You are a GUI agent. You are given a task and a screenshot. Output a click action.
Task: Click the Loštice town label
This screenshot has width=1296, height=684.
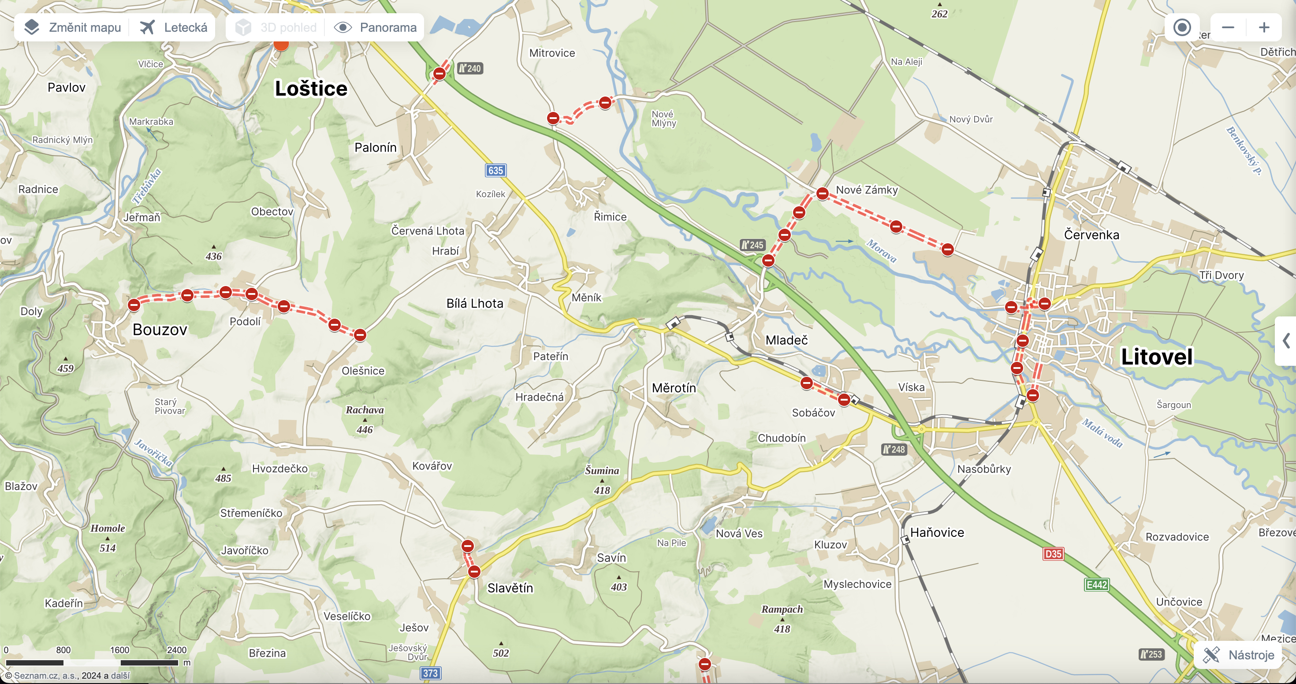point(311,89)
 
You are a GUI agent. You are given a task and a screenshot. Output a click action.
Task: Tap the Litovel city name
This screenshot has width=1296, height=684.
point(1157,357)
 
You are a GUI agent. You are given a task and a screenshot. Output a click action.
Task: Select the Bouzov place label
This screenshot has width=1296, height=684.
point(160,330)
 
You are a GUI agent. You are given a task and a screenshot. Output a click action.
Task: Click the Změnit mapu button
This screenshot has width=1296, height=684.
point(73,27)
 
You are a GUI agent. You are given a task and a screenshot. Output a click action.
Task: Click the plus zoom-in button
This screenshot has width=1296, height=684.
point(1264,27)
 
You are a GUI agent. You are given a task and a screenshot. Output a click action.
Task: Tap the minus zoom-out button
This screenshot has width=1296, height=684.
point(1228,27)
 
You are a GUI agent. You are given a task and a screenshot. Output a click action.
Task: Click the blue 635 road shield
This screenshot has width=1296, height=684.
point(495,171)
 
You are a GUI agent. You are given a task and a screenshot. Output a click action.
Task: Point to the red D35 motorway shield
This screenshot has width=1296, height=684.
point(1053,554)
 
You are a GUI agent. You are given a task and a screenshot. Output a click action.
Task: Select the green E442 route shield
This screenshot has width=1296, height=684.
point(1097,584)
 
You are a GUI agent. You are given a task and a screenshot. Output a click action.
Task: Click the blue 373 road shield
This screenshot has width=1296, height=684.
point(430,673)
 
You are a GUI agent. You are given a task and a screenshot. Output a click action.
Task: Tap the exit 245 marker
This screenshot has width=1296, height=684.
point(752,245)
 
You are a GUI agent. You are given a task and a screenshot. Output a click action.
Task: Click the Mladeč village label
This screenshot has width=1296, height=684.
point(786,341)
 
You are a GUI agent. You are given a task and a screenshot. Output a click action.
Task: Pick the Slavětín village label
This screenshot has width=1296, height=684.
point(510,588)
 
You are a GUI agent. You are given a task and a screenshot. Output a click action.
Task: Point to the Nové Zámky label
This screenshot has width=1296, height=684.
point(866,190)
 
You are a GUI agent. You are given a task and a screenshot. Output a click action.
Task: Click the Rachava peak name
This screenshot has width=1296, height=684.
point(365,410)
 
